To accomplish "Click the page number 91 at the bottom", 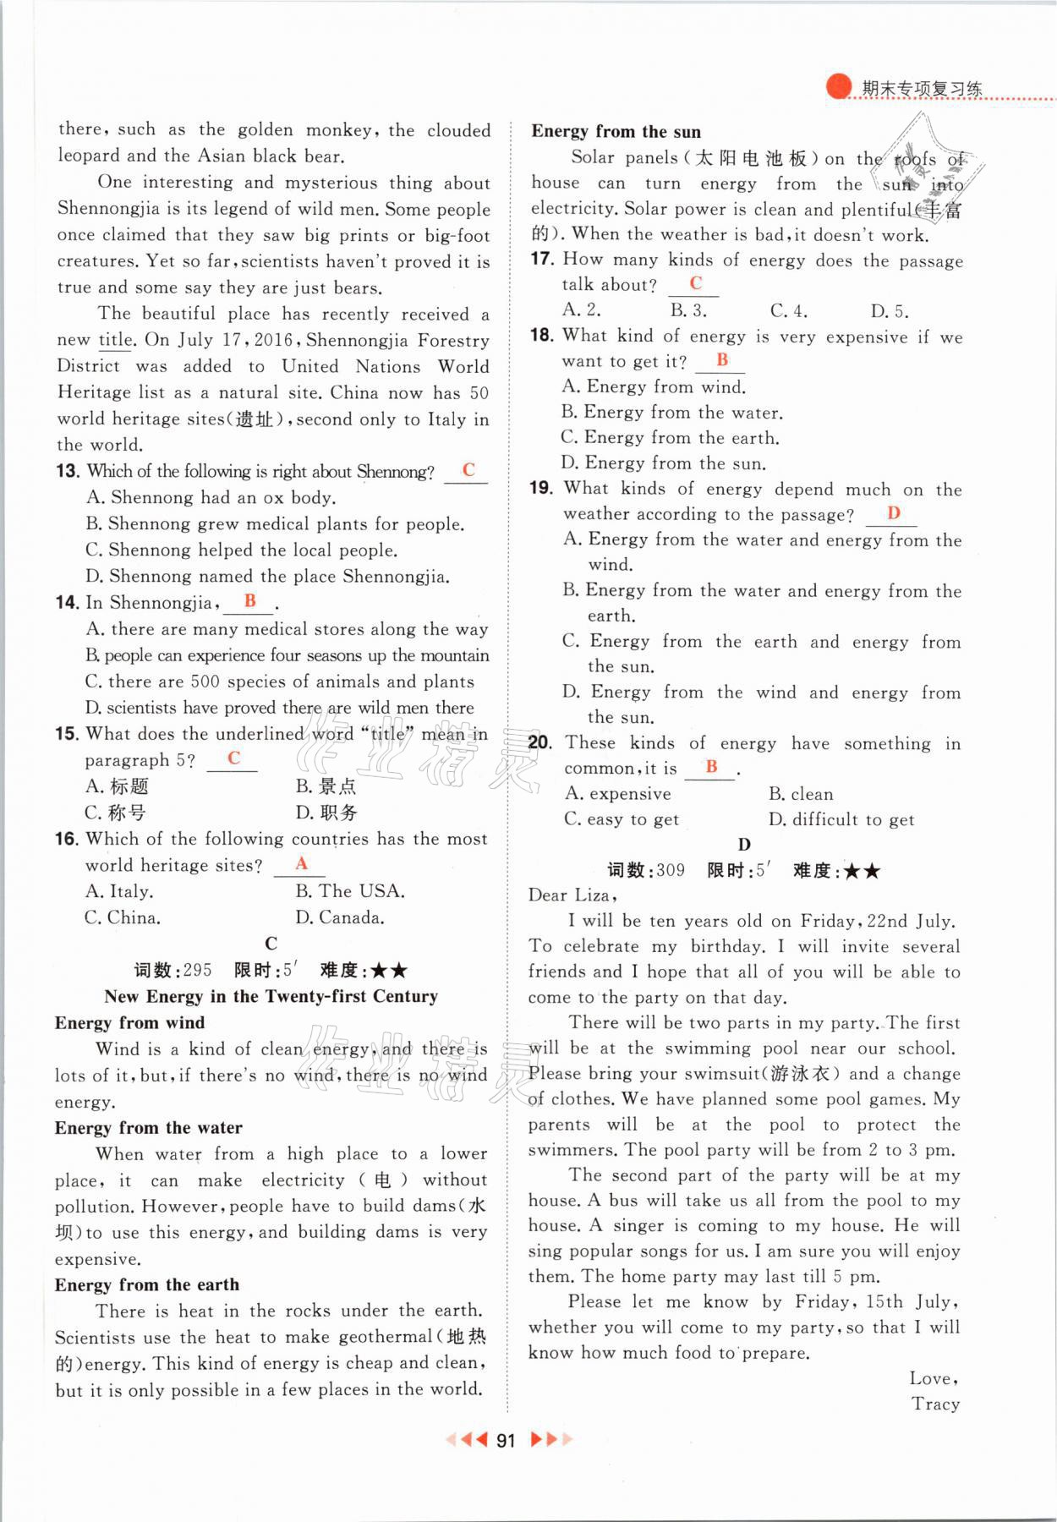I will (x=506, y=1440).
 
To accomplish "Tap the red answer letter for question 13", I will (x=468, y=470).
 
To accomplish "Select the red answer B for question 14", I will (x=249, y=600).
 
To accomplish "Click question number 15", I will (x=67, y=734).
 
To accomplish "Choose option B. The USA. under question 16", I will (x=350, y=891).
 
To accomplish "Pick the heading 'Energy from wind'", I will (x=129, y=1022).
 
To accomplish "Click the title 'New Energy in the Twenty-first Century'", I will (x=271, y=996).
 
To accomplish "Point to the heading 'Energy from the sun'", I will (x=616, y=131).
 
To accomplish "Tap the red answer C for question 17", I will (x=695, y=283).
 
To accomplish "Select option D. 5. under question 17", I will (x=890, y=310).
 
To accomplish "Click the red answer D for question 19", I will (x=894, y=512).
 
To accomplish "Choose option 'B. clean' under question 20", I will (x=800, y=794).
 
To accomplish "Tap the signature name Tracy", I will (x=935, y=1404).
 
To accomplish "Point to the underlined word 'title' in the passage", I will (x=115, y=340).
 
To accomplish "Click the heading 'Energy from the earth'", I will (x=146, y=1284).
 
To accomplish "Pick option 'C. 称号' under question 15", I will (x=115, y=813).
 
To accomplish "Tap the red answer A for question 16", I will (x=301, y=863).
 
